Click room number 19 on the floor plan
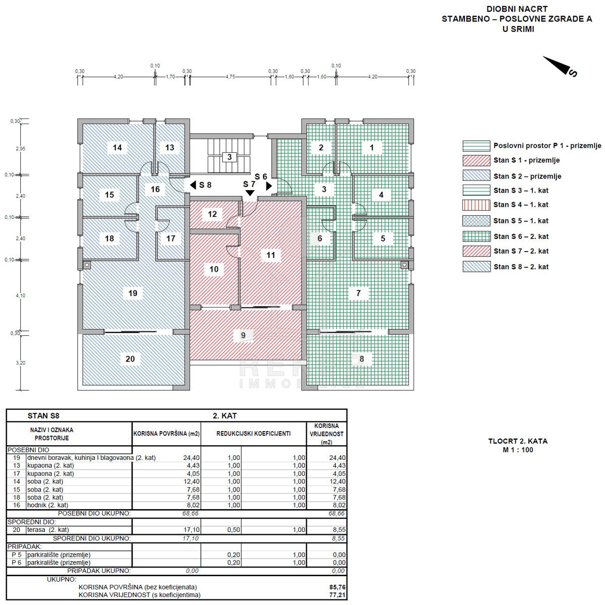pos(133,293)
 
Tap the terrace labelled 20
pos(130,359)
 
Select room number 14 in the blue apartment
pos(117,148)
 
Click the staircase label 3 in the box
pos(229,157)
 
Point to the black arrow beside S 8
pos(193,185)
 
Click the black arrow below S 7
pos(250,193)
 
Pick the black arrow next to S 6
pos(269,186)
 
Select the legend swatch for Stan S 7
pos(476,251)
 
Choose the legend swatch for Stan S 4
pos(476,205)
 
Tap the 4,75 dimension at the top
pos(230,77)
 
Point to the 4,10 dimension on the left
pos(20,295)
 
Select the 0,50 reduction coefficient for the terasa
pos(233,530)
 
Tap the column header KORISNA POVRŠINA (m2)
pos(166,434)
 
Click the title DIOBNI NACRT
pos(517,9)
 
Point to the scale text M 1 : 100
pos(518,450)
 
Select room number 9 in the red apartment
pos(243,335)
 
